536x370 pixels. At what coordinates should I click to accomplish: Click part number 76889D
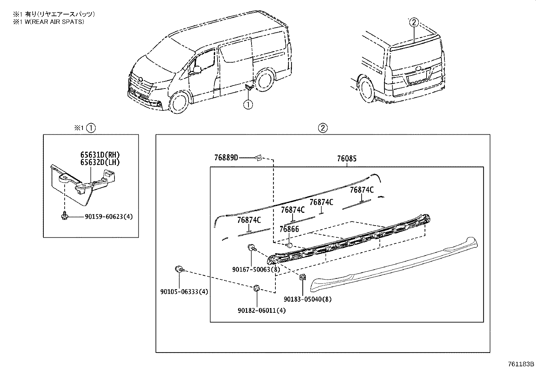[226, 157]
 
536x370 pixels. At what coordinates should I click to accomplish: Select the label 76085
[346, 159]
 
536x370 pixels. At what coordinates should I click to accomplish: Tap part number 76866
[289, 229]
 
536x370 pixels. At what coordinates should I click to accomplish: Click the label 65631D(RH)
[100, 155]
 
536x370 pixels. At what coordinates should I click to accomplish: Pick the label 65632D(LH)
[100, 162]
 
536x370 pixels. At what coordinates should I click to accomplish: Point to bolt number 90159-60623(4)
[104, 217]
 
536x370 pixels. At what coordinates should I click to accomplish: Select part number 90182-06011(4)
[261, 310]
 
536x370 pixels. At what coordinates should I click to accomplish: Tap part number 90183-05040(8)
[307, 299]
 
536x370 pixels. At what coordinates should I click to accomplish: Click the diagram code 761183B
[521, 364]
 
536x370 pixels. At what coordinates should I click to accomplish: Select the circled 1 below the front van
[248, 105]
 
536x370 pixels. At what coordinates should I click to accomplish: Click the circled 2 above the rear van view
[414, 23]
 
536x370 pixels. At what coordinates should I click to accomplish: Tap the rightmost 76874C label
[362, 190]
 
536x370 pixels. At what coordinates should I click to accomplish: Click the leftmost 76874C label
[249, 220]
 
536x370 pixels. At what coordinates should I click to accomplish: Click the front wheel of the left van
[178, 103]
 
